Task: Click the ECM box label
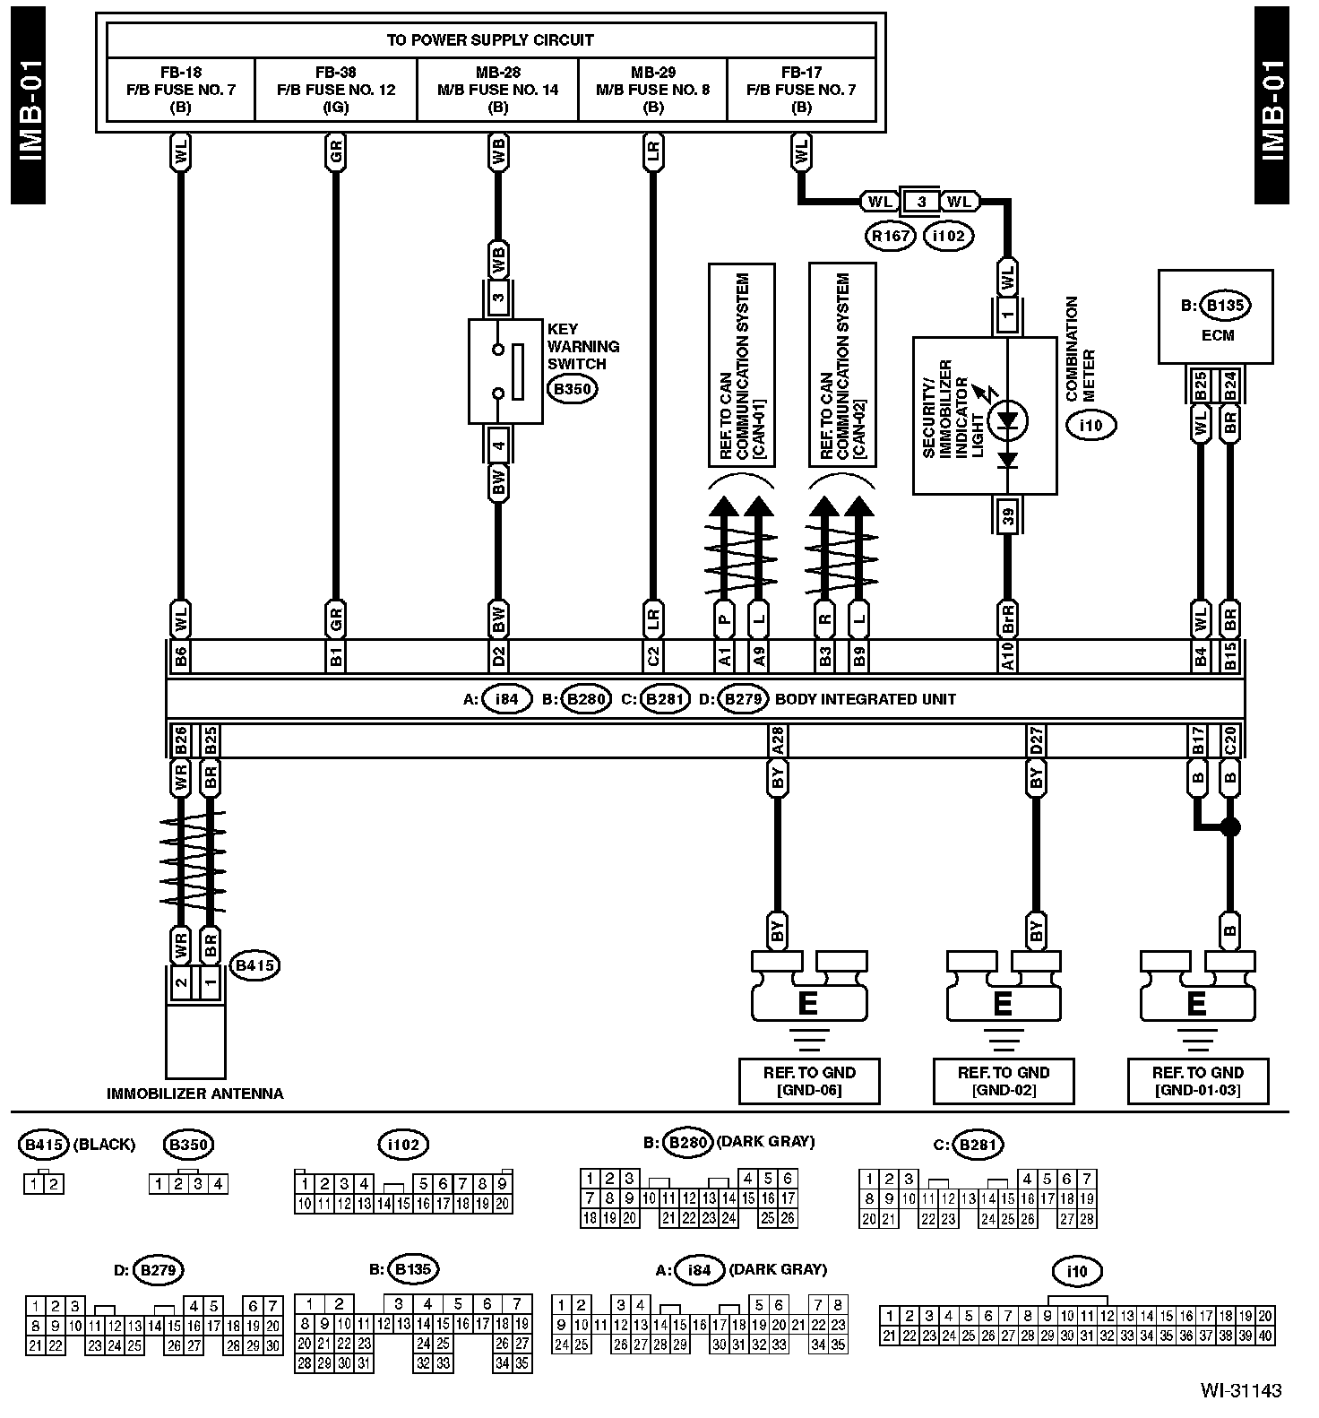(1216, 335)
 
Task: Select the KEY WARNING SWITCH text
(583, 346)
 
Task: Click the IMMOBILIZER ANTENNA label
(194, 1094)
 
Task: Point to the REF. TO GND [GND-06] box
(809, 1081)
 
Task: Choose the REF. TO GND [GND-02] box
(1003, 1081)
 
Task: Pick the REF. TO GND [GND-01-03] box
(1197, 1081)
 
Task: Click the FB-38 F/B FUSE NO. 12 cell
(336, 90)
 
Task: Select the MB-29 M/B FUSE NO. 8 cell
(653, 90)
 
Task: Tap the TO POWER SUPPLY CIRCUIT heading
(490, 40)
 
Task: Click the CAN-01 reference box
(742, 365)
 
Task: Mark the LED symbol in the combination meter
(1008, 419)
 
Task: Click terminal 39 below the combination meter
(1008, 516)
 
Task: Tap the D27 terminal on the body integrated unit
(1037, 741)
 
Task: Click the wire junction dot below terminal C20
(1230, 826)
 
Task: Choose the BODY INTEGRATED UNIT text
(865, 699)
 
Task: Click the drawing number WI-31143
(1241, 1390)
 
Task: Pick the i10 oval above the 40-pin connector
(1077, 1271)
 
